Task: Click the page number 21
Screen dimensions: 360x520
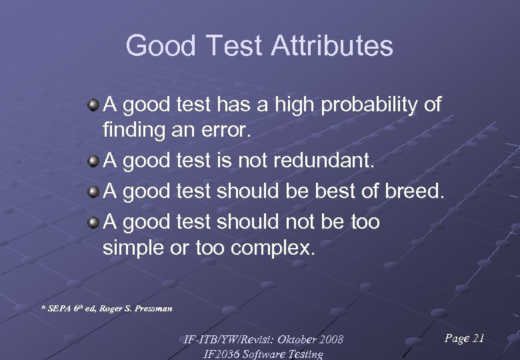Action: pos(477,339)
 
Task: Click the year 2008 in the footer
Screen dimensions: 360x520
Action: pos(330,340)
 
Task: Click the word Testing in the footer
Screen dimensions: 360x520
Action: pos(303,355)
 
